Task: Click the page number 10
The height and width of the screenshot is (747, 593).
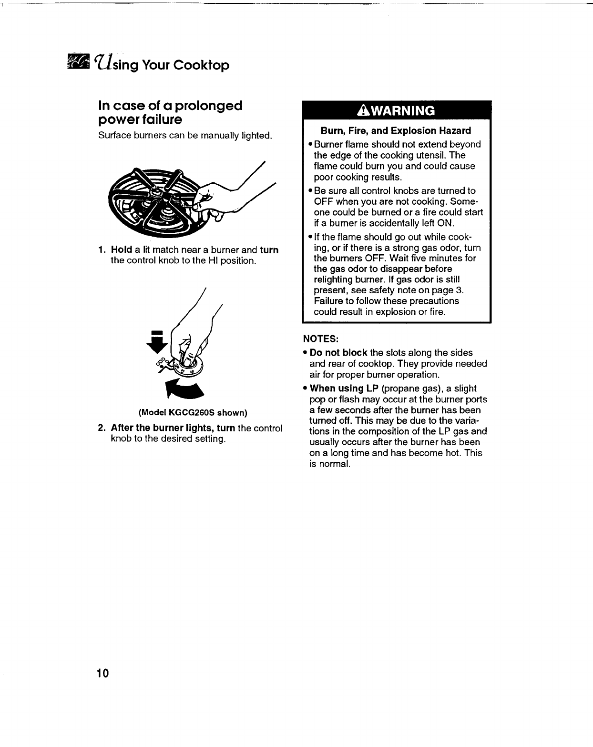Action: click(102, 673)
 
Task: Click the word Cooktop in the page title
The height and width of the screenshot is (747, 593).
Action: click(201, 65)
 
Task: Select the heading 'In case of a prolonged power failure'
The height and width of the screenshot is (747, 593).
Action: click(170, 111)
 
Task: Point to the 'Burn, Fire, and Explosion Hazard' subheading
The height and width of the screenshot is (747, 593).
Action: click(396, 131)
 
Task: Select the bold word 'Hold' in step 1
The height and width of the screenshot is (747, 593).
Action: click(121, 250)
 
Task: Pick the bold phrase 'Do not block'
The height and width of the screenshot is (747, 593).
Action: click(338, 353)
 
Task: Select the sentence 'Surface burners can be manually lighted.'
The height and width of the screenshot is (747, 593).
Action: click(185, 136)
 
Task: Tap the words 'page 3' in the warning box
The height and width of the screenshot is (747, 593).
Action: click(447, 290)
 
